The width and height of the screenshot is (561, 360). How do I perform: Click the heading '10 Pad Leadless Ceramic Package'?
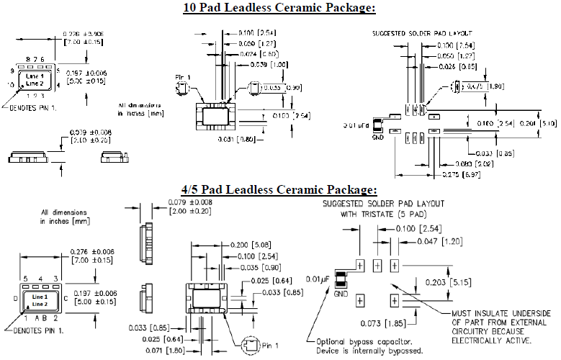[279, 8]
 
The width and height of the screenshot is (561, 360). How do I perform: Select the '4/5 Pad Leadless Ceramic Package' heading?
[279, 190]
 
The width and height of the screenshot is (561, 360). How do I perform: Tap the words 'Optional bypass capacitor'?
[367, 342]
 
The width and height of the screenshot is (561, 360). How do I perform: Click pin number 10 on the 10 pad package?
[11, 84]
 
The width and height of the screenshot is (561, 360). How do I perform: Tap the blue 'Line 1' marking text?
[40, 297]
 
